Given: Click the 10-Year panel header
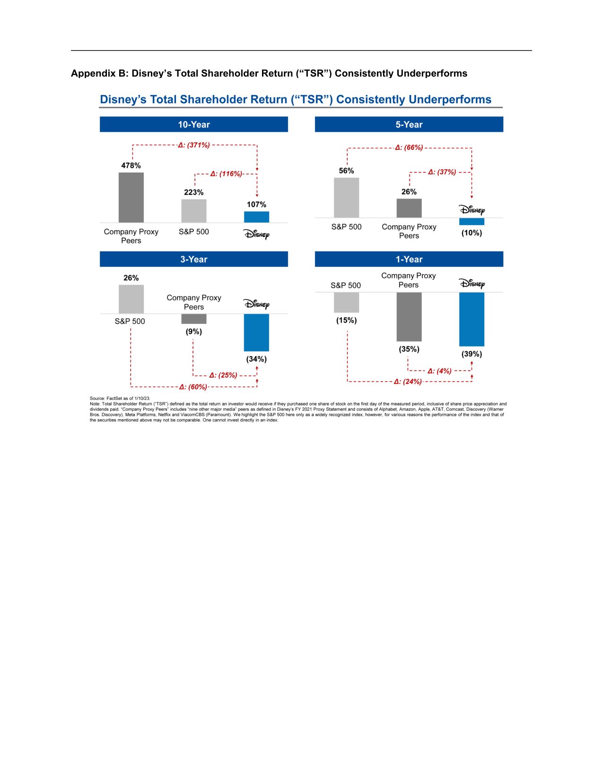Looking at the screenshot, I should [x=193, y=124].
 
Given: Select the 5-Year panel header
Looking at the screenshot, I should [x=409, y=124].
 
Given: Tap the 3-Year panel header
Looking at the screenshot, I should [x=193, y=259].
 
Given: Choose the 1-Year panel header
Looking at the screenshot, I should [x=409, y=259].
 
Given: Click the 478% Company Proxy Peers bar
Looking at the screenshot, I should [x=131, y=198].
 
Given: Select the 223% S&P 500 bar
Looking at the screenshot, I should [x=194, y=211].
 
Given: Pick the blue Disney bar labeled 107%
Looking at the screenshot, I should [x=256, y=217].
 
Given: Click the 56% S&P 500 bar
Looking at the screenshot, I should [x=346, y=198].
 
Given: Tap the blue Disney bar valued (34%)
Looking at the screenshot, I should [x=256, y=332].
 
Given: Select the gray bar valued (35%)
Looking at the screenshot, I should [x=409, y=317].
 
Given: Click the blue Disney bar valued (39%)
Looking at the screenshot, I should [x=472, y=319].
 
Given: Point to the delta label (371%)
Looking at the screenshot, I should [x=194, y=145].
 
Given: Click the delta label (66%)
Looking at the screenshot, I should [x=410, y=147].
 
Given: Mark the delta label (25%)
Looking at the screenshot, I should [x=223, y=375].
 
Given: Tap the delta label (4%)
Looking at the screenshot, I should [x=440, y=371].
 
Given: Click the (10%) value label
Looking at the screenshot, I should [x=472, y=233].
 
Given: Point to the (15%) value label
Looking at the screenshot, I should [x=346, y=321].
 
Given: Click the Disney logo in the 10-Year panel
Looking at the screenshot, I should [x=256, y=234].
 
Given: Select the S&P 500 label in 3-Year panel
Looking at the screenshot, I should [x=130, y=321].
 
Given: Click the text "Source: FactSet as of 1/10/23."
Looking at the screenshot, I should [x=120, y=399].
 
